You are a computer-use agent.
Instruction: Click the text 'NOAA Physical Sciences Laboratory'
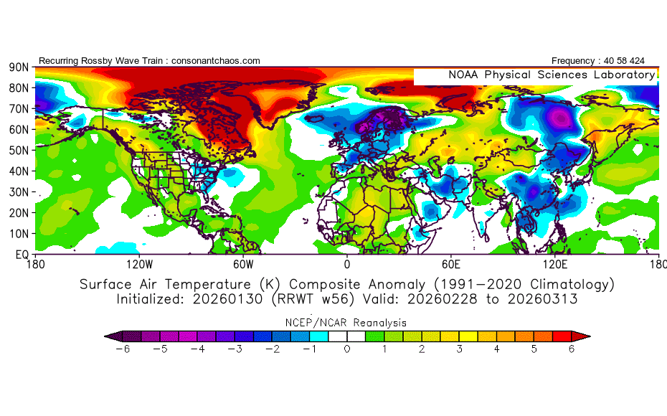(552, 75)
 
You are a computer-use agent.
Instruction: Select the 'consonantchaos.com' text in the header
(216, 61)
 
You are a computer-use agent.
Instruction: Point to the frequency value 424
(645, 61)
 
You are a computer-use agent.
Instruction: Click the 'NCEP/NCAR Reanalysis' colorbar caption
(347, 323)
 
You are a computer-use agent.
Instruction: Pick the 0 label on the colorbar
(347, 349)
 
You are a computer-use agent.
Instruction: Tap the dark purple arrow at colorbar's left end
(110, 335)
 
